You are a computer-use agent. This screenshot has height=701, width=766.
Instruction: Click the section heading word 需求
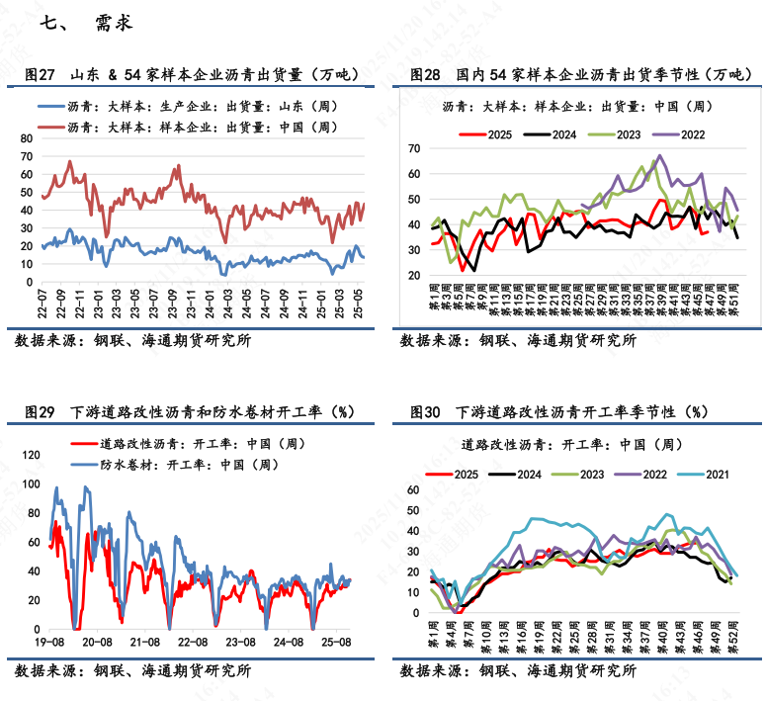pos(114,23)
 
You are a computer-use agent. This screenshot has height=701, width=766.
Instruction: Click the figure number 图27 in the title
pos(40,74)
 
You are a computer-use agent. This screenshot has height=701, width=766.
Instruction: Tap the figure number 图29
pos(40,412)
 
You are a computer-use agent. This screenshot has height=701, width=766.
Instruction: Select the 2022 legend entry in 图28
pos(682,134)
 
